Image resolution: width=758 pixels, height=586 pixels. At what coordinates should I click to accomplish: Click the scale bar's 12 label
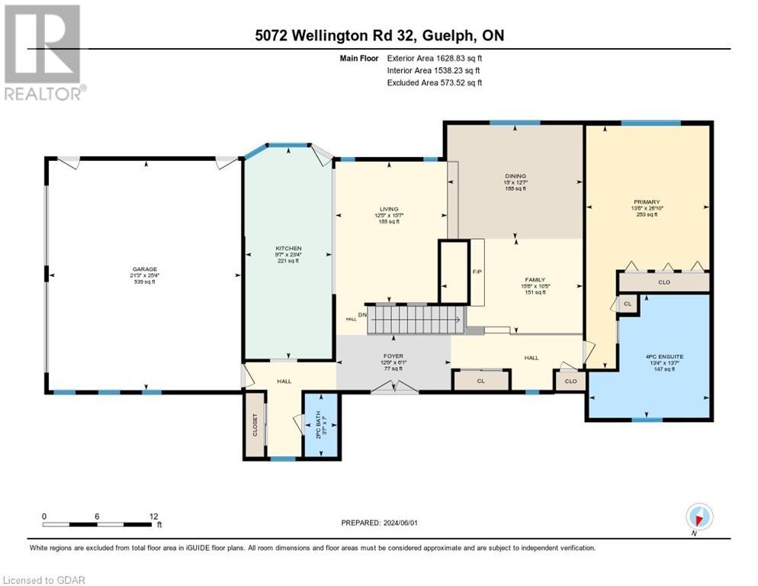[155, 516]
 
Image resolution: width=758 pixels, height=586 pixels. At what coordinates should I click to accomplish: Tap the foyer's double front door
[394, 388]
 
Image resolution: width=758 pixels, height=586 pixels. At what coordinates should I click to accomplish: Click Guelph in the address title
[458, 35]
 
